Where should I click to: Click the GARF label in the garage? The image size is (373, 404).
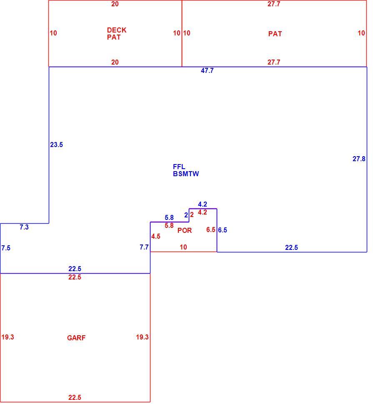click(x=76, y=338)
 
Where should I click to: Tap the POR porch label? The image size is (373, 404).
click(x=185, y=230)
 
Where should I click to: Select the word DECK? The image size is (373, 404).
click(x=117, y=30)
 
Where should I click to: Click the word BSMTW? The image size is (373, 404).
click(x=186, y=174)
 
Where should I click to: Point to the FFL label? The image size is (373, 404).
click(x=179, y=167)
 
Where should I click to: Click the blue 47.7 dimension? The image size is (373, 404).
click(x=207, y=71)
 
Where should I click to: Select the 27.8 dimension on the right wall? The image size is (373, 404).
click(x=359, y=159)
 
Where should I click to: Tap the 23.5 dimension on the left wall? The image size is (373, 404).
click(x=56, y=145)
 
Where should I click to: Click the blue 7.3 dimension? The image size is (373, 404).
click(x=24, y=227)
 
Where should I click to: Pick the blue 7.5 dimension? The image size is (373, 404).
click(x=6, y=248)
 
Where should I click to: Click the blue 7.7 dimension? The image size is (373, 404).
click(x=144, y=247)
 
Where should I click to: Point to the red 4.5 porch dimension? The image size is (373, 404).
click(x=156, y=236)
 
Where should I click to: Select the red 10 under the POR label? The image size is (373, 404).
click(x=183, y=247)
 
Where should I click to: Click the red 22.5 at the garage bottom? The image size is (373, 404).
click(x=75, y=398)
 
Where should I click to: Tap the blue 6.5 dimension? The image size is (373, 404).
click(x=223, y=230)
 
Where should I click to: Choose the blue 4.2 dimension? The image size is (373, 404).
click(x=203, y=204)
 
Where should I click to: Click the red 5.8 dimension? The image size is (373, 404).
click(x=169, y=226)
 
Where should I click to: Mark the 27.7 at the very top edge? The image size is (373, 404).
click(x=274, y=4)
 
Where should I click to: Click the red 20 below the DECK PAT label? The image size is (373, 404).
click(x=115, y=62)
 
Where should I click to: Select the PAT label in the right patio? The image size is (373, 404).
click(x=275, y=34)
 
